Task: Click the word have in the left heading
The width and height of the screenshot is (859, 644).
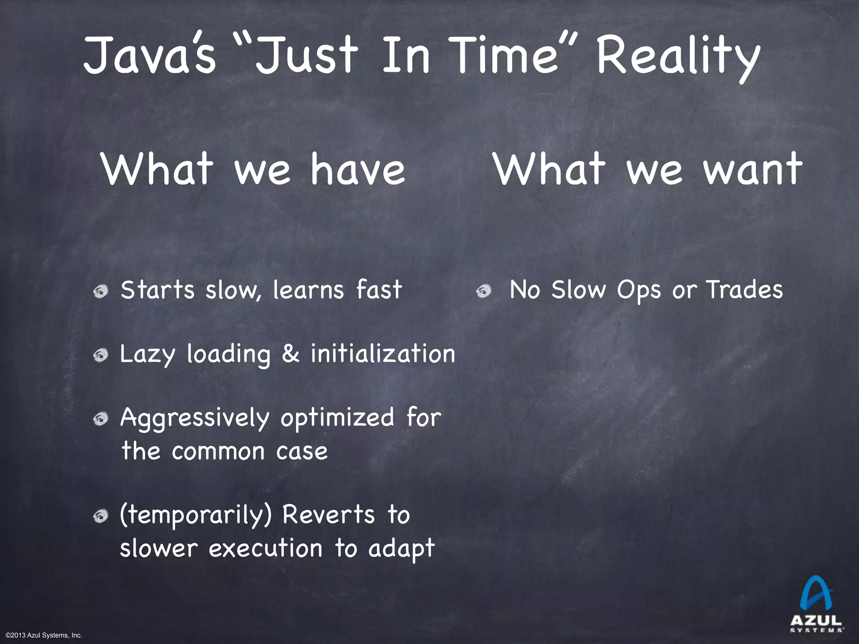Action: point(358,169)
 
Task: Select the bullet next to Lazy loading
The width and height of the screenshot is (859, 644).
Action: point(101,356)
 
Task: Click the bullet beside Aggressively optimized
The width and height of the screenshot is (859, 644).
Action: point(101,420)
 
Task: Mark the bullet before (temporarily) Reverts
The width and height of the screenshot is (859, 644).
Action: point(101,517)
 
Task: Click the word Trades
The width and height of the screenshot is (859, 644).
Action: point(744,290)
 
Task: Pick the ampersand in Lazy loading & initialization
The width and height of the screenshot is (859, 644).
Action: point(291,354)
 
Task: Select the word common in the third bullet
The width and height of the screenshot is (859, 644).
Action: point(219,452)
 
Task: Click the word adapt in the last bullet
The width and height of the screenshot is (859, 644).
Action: point(401,549)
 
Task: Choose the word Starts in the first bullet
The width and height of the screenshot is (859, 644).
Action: point(157,290)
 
